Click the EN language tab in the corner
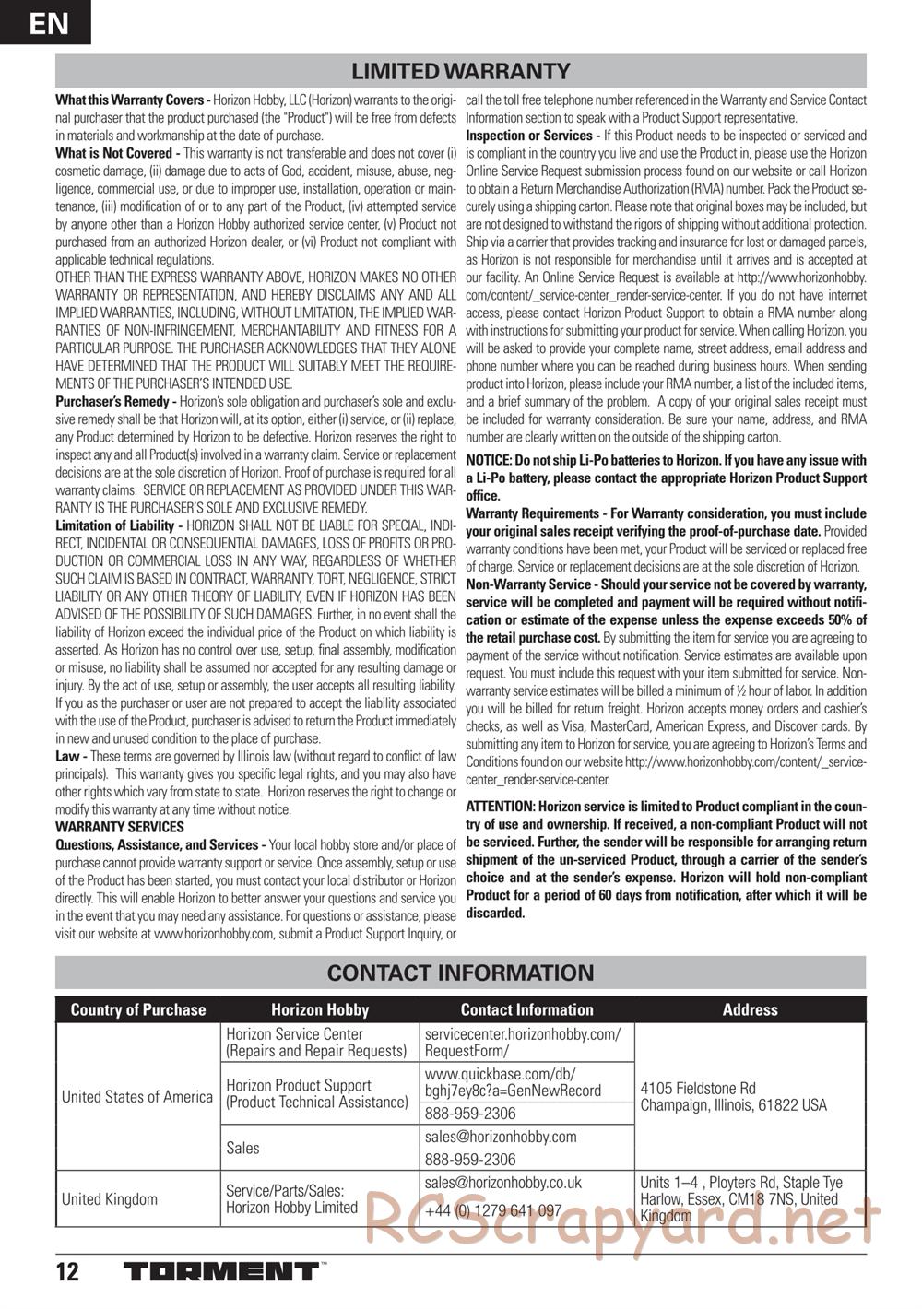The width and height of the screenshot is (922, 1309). point(45,22)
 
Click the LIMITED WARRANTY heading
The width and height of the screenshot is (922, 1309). point(461,71)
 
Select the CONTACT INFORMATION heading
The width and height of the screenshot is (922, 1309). point(461,973)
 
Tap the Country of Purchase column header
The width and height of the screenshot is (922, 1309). point(138,1009)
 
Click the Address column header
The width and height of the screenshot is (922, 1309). point(750,1009)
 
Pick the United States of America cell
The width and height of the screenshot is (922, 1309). point(136,1096)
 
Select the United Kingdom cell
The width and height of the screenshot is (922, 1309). point(110,1198)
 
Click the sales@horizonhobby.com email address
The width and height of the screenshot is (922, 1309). point(501,1137)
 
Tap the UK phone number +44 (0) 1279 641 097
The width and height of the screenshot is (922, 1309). point(493,1210)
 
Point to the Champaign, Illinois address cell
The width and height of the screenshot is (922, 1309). point(733,1096)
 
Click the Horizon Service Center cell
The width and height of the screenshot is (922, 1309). point(315,1043)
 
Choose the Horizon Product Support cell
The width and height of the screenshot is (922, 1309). point(315,1093)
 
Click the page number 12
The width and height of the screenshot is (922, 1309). point(67,1273)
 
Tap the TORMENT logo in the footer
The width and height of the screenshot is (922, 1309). point(221,1273)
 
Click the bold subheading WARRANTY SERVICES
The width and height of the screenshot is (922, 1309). point(120,827)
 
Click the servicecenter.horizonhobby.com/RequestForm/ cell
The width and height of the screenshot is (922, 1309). point(523,1043)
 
